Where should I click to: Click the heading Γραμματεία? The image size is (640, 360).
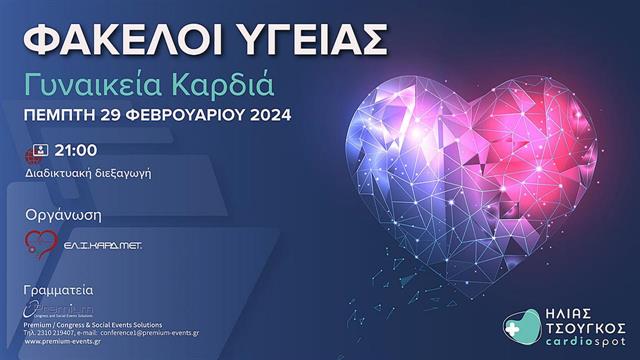point(65,288)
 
